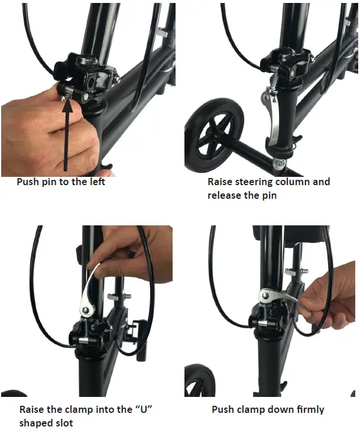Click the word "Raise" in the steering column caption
[x=222, y=182]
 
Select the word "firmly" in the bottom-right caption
[x=309, y=409]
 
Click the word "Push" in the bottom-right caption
[x=223, y=409]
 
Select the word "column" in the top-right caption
[x=289, y=182]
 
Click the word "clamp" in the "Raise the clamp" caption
[x=79, y=409]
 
